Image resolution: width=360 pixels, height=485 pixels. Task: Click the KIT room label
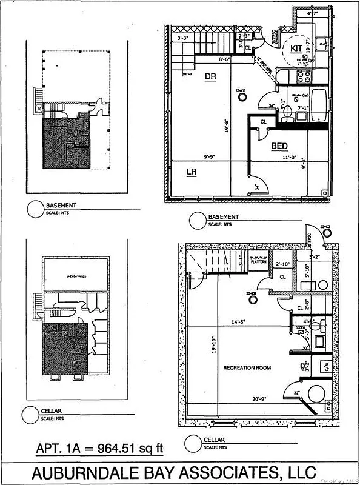pos(296,47)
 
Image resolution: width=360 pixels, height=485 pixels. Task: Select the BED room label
pos(279,146)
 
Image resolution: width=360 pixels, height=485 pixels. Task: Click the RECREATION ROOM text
pos(247,367)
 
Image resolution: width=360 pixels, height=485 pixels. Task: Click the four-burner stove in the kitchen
pos(304,76)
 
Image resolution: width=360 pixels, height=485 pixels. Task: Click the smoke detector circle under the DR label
pos(242,95)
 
